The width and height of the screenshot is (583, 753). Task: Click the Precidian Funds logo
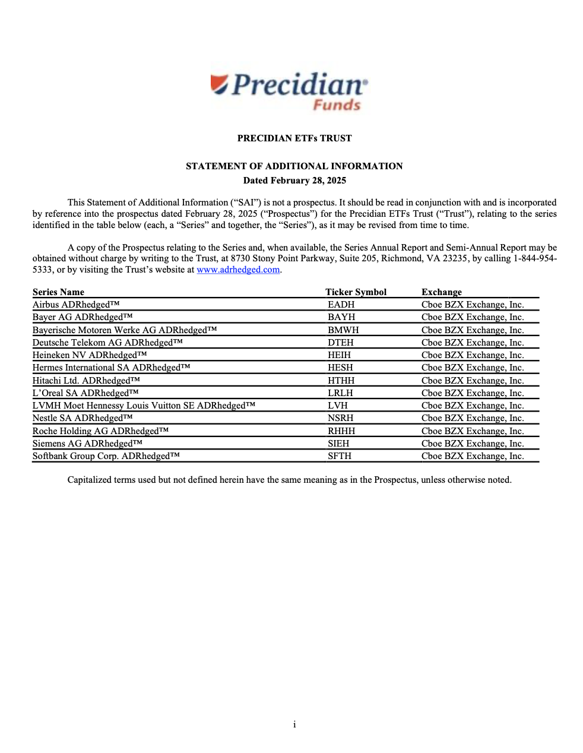pyautogui.click(x=290, y=92)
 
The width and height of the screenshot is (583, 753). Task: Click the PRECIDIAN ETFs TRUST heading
pyautogui.click(x=294, y=138)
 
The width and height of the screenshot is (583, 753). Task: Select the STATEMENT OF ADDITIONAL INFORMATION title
pyautogui.click(x=294, y=166)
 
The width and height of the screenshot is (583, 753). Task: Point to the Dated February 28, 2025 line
pyautogui.click(x=294, y=181)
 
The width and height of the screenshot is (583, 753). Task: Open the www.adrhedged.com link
pyautogui.click(x=238, y=270)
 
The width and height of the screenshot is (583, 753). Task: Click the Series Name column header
pyautogui.click(x=58, y=292)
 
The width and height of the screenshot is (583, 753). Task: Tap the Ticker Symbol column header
pyautogui.click(x=356, y=292)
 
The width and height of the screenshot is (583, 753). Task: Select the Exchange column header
pyautogui.click(x=442, y=292)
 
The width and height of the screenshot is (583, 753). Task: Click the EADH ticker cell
pyautogui.click(x=341, y=305)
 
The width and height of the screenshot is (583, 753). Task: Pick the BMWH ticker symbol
pyautogui.click(x=343, y=330)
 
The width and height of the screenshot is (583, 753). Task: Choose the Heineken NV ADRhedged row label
pyautogui.click(x=90, y=355)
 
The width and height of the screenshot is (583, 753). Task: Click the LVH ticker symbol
pyautogui.click(x=337, y=406)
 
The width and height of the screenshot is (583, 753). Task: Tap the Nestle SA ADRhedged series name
pyautogui.click(x=83, y=418)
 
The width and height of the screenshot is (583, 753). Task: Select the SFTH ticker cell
pyautogui.click(x=340, y=456)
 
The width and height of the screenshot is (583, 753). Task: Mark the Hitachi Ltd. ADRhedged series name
pyautogui.click(x=86, y=381)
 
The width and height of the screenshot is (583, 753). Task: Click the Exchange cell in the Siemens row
pyautogui.click(x=473, y=444)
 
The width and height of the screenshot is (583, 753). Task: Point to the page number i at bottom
pyautogui.click(x=294, y=724)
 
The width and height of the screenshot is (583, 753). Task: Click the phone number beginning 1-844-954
pyautogui.click(x=534, y=258)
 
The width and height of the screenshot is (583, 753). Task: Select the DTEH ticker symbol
pyautogui.click(x=341, y=343)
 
